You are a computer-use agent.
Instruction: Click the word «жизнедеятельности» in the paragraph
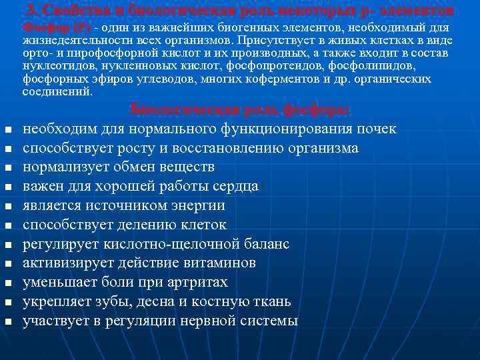71,40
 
